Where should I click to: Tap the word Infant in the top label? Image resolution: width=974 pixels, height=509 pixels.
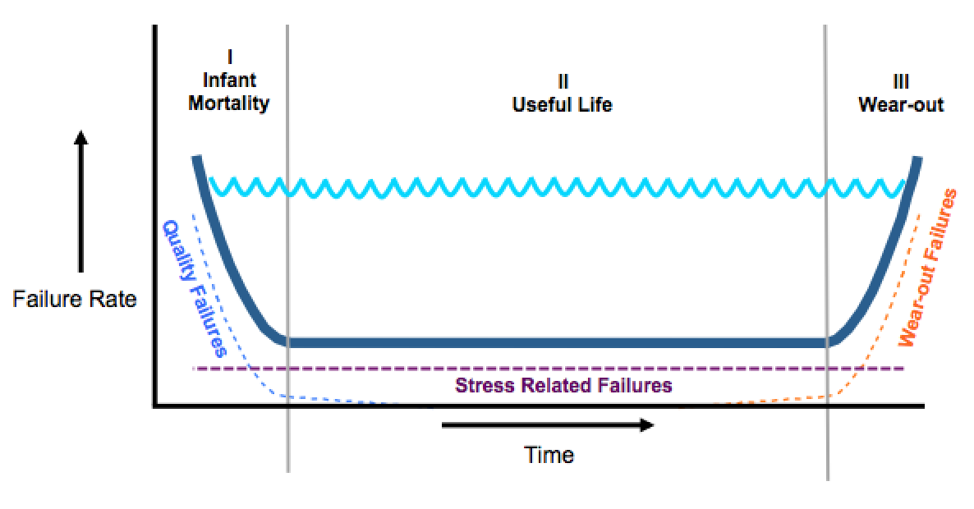pos(229,80)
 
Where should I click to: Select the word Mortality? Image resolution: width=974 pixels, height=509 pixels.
pos(229,104)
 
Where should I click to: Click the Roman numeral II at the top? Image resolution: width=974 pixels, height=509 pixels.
pos(563,81)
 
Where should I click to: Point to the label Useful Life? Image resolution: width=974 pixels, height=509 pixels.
pos(563,105)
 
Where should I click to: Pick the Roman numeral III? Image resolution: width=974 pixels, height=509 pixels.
pos(901,81)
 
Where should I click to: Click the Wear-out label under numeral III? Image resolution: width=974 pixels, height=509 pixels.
pos(901,105)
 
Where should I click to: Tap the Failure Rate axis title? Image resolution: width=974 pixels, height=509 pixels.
pos(75,299)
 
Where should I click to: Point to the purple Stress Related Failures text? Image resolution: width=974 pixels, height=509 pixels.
pos(563,385)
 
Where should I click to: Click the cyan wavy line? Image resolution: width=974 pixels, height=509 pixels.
pos(558,187)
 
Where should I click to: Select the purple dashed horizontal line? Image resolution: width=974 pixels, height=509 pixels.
pos(739,369)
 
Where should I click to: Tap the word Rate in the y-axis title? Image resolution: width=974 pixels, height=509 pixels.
pos(113,299)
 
